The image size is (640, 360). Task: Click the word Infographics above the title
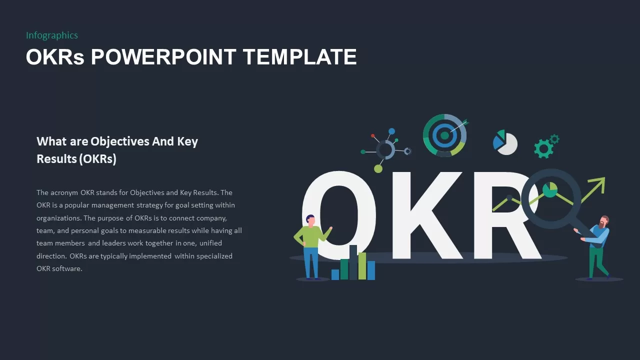coord(52,35)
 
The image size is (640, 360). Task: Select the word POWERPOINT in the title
coord(162,57)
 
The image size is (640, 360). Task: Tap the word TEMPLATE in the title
coord(300,57)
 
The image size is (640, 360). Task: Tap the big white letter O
coord(345,215)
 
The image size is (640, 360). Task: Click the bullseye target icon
coord(444,135)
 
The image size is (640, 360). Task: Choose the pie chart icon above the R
coord(505,142)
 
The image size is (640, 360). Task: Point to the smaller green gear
coord(554,139)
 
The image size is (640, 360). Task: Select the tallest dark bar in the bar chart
coord(353,262)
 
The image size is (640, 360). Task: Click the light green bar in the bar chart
coord(362,265)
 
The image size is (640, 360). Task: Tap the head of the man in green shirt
coord(310,220)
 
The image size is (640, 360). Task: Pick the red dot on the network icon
coord(373,135)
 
